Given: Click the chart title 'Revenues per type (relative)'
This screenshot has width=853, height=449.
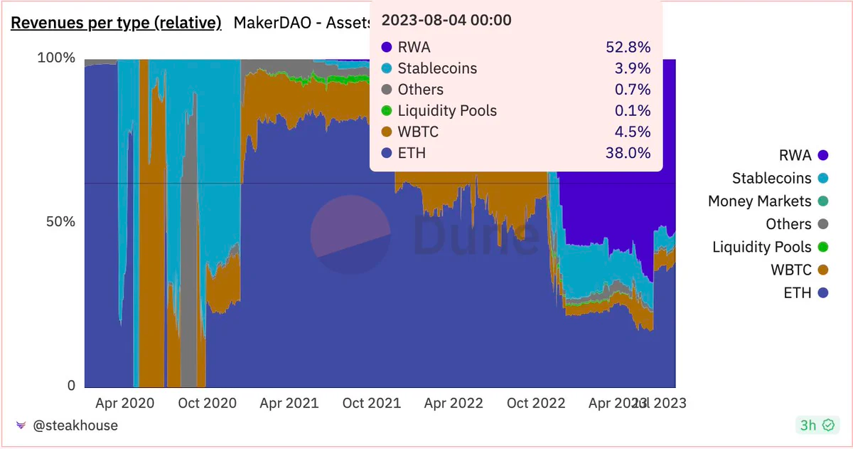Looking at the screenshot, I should point(116,23).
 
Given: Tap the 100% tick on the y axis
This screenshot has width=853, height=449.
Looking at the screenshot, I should point(55,58).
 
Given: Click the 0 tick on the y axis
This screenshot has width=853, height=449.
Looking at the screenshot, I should point(70,385).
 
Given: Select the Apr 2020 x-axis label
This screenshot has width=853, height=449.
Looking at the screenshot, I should point(124,403).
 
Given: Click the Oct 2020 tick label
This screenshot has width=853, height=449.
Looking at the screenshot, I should point(207,403).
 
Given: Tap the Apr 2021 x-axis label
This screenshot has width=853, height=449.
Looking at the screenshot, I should point(289,403).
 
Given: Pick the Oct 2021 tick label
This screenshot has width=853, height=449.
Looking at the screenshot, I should point(371,403).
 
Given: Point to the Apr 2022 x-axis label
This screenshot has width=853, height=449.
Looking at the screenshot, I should point(454,403).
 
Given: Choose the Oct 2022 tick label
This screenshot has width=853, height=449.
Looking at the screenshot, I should point(536,403).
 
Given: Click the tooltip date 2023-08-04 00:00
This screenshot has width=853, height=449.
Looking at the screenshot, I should point(446,20).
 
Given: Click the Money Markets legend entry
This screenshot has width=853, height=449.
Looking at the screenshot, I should point(759,201).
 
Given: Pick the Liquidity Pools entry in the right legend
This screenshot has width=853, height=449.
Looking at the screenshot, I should point(761,247).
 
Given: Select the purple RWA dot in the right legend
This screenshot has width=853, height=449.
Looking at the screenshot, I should point(823,156).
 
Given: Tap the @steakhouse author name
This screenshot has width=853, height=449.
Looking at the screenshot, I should point(75,426).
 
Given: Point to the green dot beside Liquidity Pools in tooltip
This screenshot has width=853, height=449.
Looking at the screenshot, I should point(387,111).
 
